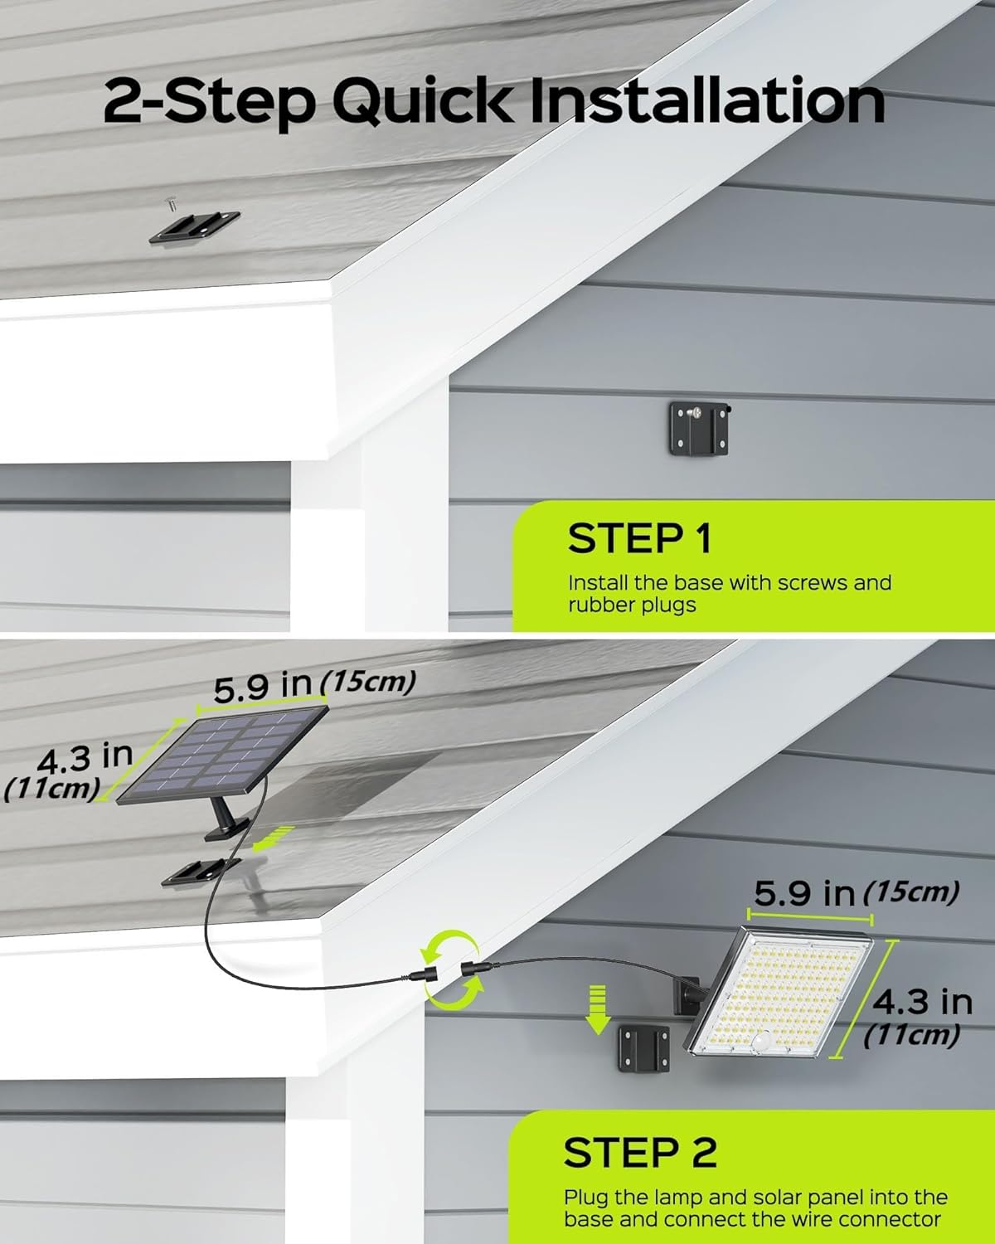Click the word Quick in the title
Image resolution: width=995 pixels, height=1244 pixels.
coord(422,102)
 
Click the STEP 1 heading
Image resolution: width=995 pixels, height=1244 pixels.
coord(638,538)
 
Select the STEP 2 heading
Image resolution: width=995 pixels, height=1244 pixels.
coord(640,1153)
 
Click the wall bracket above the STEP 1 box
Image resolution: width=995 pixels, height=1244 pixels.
coord(700,428)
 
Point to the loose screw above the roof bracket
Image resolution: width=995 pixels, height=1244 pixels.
coord(172,203)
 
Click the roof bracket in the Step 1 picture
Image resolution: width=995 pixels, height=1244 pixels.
coord(194,227)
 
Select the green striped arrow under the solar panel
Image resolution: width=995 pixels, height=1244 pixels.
coord(274,838)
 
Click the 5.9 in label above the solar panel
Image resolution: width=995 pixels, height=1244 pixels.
coord(263,688)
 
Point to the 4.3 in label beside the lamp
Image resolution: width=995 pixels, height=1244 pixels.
coord(922,1001)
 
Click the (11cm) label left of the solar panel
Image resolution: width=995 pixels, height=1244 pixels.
coord(52,789)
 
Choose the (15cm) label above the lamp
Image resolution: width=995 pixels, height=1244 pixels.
coord(911,892)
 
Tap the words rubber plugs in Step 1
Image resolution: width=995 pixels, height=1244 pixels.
coord(632,605)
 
